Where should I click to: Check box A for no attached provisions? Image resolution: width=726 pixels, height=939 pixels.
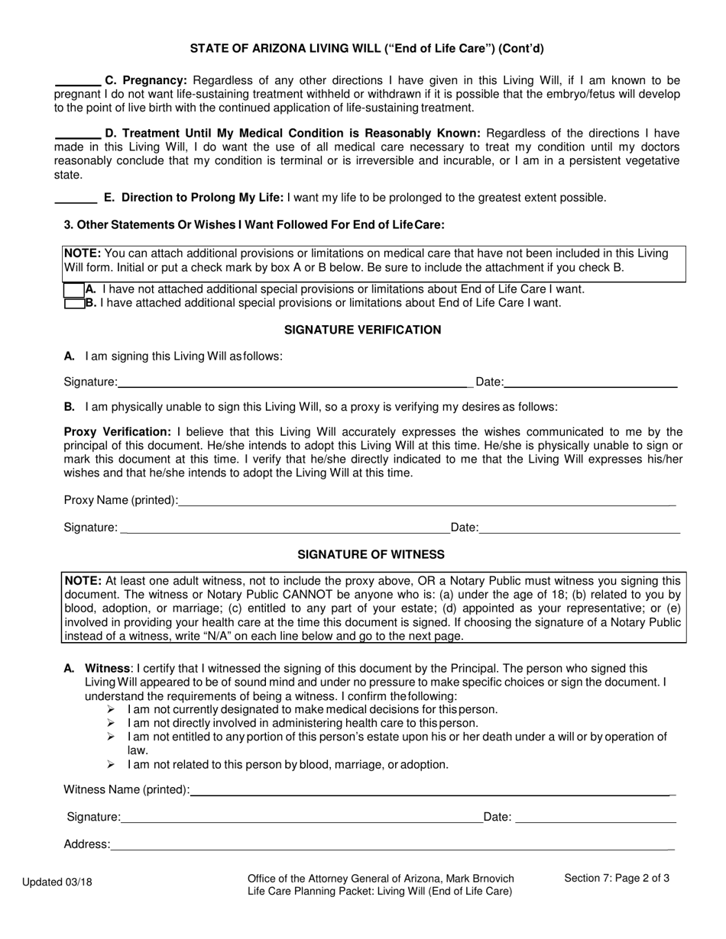coord(73,290)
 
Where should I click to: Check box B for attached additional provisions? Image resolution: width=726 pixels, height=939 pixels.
coord(73,303)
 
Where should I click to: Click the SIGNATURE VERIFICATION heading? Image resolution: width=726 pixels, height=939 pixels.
coord(362,330)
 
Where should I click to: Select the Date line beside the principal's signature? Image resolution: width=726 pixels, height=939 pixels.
coord(590,382)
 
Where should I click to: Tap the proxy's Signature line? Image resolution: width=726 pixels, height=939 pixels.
coord(284,528)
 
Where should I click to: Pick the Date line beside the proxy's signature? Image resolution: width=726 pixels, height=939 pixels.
coord(579,528)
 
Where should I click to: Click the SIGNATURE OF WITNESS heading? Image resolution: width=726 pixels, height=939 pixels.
coord(371,554)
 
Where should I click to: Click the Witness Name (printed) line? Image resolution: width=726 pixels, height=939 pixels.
coord(430,791)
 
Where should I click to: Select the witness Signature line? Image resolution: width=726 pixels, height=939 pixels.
coord(301,818)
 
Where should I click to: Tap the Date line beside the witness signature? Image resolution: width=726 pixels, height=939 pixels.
coord(595,818)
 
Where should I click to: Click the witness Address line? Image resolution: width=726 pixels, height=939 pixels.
coord(390,844)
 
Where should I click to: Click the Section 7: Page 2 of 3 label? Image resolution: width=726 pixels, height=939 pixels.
coord(617,878)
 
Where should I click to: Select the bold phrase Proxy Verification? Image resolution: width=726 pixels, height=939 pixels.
coord(117,432)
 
